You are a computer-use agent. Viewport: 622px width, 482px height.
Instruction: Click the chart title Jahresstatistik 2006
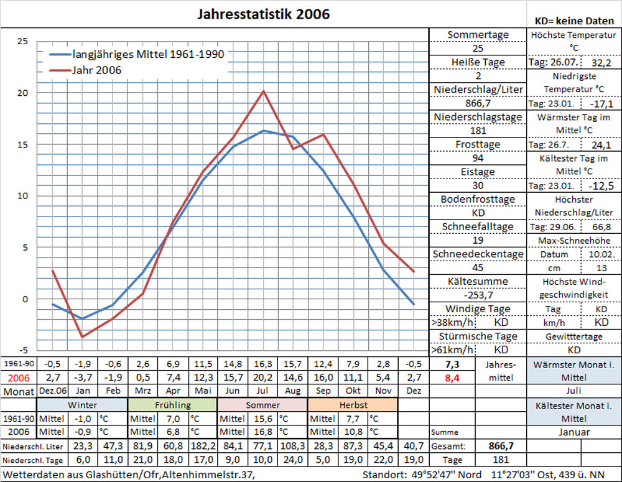(264, 14)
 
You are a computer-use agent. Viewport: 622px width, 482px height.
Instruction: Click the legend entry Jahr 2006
(96, 70)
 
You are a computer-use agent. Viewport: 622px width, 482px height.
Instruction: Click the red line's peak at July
(263, 91)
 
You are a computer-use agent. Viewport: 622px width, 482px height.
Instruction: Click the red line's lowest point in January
(82, 336)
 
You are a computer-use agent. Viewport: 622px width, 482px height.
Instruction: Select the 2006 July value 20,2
(262, 378)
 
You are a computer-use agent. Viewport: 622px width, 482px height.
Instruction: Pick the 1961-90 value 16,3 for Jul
(262, 364)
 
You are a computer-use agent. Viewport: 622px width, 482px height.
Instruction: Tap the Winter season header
(82, 405)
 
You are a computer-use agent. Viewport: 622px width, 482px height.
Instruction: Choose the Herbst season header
(352, 405)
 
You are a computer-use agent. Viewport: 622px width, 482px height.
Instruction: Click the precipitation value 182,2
(203, 446)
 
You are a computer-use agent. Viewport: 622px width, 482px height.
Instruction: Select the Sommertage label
(478, 35)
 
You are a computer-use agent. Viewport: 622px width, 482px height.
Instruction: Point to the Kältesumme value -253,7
(478, 295)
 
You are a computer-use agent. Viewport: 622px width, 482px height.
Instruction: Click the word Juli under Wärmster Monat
(574, 391)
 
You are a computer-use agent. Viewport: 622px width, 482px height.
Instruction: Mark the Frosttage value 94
(478, 158)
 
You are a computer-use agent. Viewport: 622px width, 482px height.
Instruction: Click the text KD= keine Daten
(574, 21)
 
